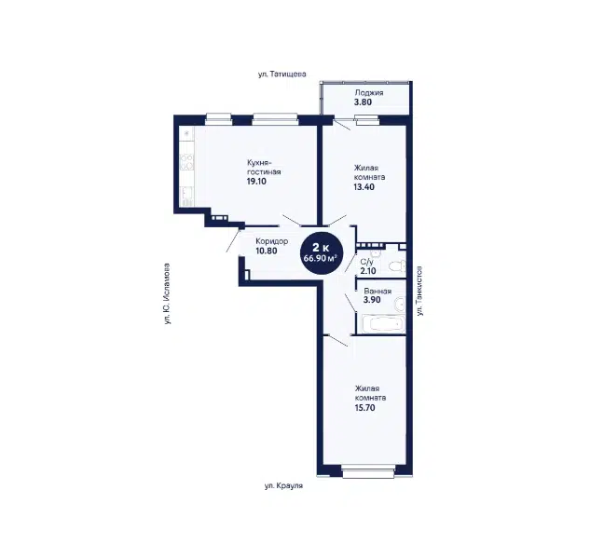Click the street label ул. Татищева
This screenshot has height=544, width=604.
282,74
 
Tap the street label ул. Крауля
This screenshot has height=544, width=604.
283,486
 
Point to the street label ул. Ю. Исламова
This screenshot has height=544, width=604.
167,293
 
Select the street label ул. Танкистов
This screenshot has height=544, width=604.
419,291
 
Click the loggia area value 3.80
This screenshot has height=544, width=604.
363,102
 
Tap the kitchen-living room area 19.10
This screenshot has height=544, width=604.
256,182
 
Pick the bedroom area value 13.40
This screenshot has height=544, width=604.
364,187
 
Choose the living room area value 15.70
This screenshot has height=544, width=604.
364,408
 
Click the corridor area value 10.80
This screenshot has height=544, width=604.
267,251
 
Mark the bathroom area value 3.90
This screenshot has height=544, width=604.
372,300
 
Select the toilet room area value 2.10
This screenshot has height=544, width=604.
368,271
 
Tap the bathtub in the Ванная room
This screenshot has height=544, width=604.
382,324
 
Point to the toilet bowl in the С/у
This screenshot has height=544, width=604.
397,266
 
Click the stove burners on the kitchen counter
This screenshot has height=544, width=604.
186,162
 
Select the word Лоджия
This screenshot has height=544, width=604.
369,93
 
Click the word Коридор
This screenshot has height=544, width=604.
272,242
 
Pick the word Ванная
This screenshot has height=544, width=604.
377,292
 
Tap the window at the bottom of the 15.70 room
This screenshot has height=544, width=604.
368,471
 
